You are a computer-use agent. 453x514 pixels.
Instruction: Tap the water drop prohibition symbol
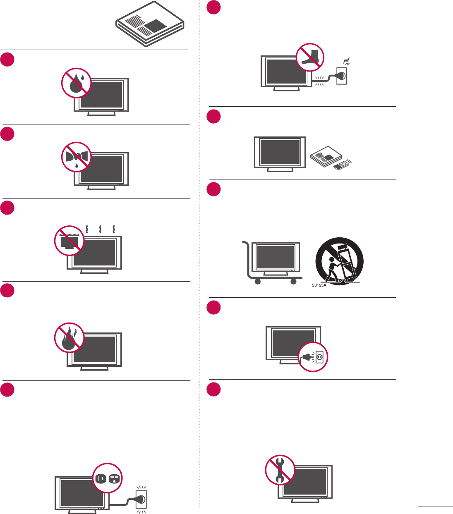point(76,83)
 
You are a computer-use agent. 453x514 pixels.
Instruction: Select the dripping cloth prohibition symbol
point(76,157)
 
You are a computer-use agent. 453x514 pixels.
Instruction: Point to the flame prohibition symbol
point(70,338)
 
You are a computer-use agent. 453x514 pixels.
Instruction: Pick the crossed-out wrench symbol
point(280,469)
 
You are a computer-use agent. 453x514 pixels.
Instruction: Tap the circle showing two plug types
point(108,478)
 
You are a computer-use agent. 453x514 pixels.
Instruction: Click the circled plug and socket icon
point(313,356)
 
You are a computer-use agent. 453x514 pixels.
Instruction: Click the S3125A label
point(319,285)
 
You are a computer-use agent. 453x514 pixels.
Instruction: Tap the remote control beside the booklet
point(342,166)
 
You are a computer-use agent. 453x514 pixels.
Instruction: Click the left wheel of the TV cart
point(257,282)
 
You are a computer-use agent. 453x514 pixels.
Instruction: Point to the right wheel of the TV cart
point(293,282)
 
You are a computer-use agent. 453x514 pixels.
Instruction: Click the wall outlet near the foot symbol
point(342,75)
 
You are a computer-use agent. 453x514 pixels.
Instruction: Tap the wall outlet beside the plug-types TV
point(141,500)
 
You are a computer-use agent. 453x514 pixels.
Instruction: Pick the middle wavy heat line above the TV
point(100,229)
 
